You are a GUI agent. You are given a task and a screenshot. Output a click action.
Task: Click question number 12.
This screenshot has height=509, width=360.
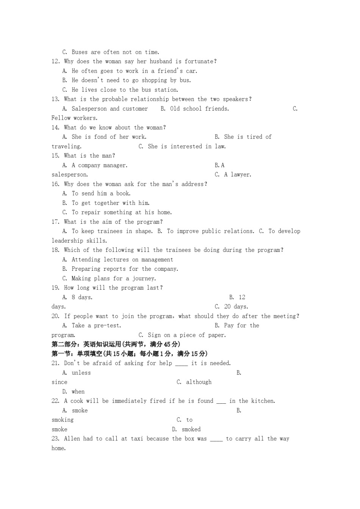tap(55, 61)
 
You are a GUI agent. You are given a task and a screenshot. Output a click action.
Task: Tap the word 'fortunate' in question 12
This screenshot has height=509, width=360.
tap(200, 61)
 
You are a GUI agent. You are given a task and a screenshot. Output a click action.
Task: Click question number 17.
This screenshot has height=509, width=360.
tap(55, 222)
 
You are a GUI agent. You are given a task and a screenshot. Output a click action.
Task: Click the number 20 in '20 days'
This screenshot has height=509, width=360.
tap(227, 307)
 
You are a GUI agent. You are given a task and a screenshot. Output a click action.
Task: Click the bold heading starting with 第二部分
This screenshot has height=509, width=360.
tap(116, 344)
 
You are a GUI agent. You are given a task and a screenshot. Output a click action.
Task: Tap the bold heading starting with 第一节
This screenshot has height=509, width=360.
tap(129, 354)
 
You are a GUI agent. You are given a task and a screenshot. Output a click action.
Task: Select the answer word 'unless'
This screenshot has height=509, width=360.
tap(81, 373)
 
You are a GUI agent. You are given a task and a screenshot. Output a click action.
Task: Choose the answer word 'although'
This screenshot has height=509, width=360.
tap(199, 382)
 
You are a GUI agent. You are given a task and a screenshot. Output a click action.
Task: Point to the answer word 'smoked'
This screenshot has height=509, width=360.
tap(191, 429)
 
